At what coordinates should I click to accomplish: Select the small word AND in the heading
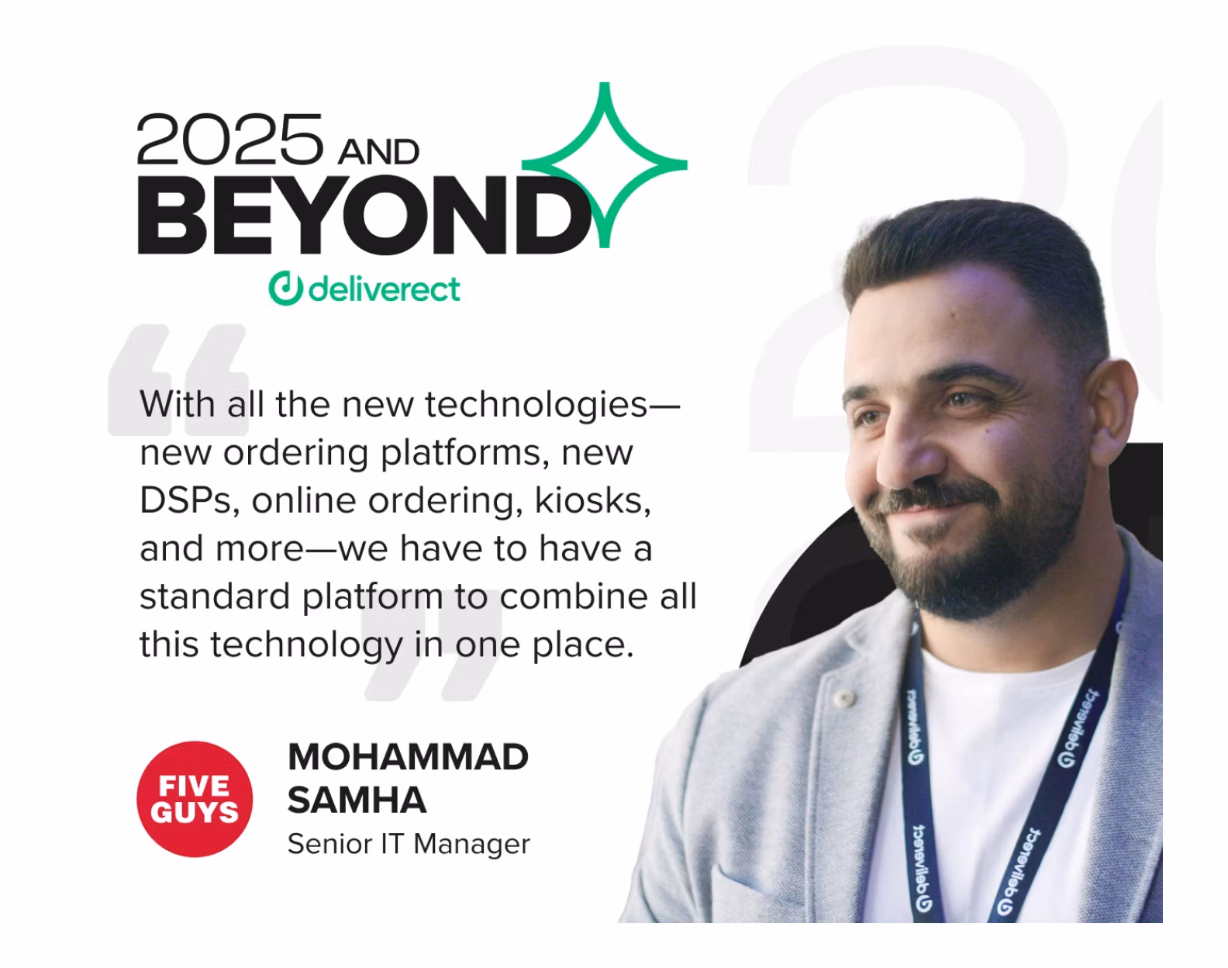[x=378, y=153]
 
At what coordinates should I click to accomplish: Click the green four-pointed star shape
[x=605, y=164]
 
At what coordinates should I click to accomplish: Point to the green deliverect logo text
[x=384, y=289]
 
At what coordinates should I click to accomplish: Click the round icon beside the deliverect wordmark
[x=285, y=289]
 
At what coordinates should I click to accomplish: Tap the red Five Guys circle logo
[x=195, y=799]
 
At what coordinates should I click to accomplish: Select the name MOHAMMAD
[x=408, y=757]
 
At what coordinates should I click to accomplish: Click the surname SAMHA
[x=357, y=800]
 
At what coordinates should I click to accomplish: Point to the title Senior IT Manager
[x=409, y=844]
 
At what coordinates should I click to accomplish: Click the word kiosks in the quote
[x=592, y=500]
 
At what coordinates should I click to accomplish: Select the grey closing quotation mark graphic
[x=432, y=652]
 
